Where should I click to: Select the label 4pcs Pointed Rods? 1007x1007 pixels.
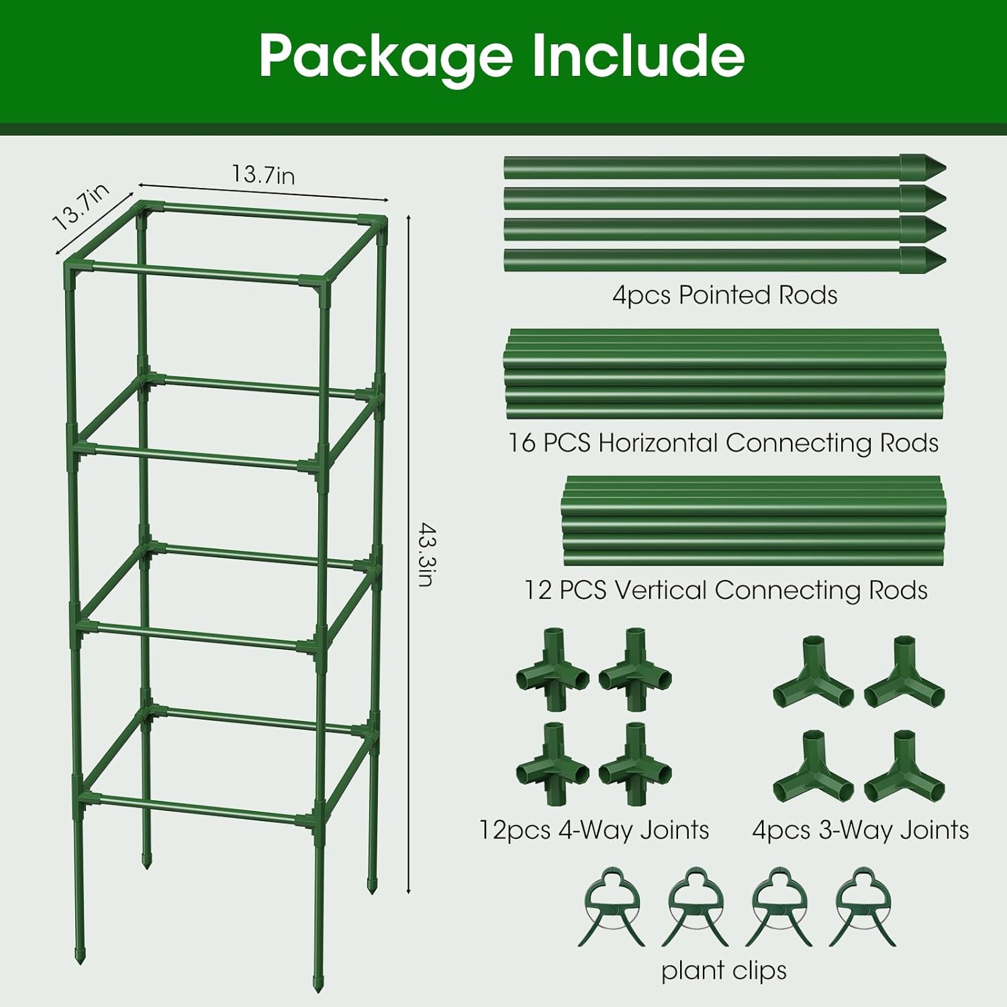click(724, 295)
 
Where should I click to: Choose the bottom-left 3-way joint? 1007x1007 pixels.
click(813, 767)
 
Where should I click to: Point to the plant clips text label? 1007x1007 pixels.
click(724, 970)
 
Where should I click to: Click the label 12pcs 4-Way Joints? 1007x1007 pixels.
click(593, 830)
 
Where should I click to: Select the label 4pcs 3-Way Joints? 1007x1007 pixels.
click(860, 830)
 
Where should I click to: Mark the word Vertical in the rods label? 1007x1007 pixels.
click(661, 590)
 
